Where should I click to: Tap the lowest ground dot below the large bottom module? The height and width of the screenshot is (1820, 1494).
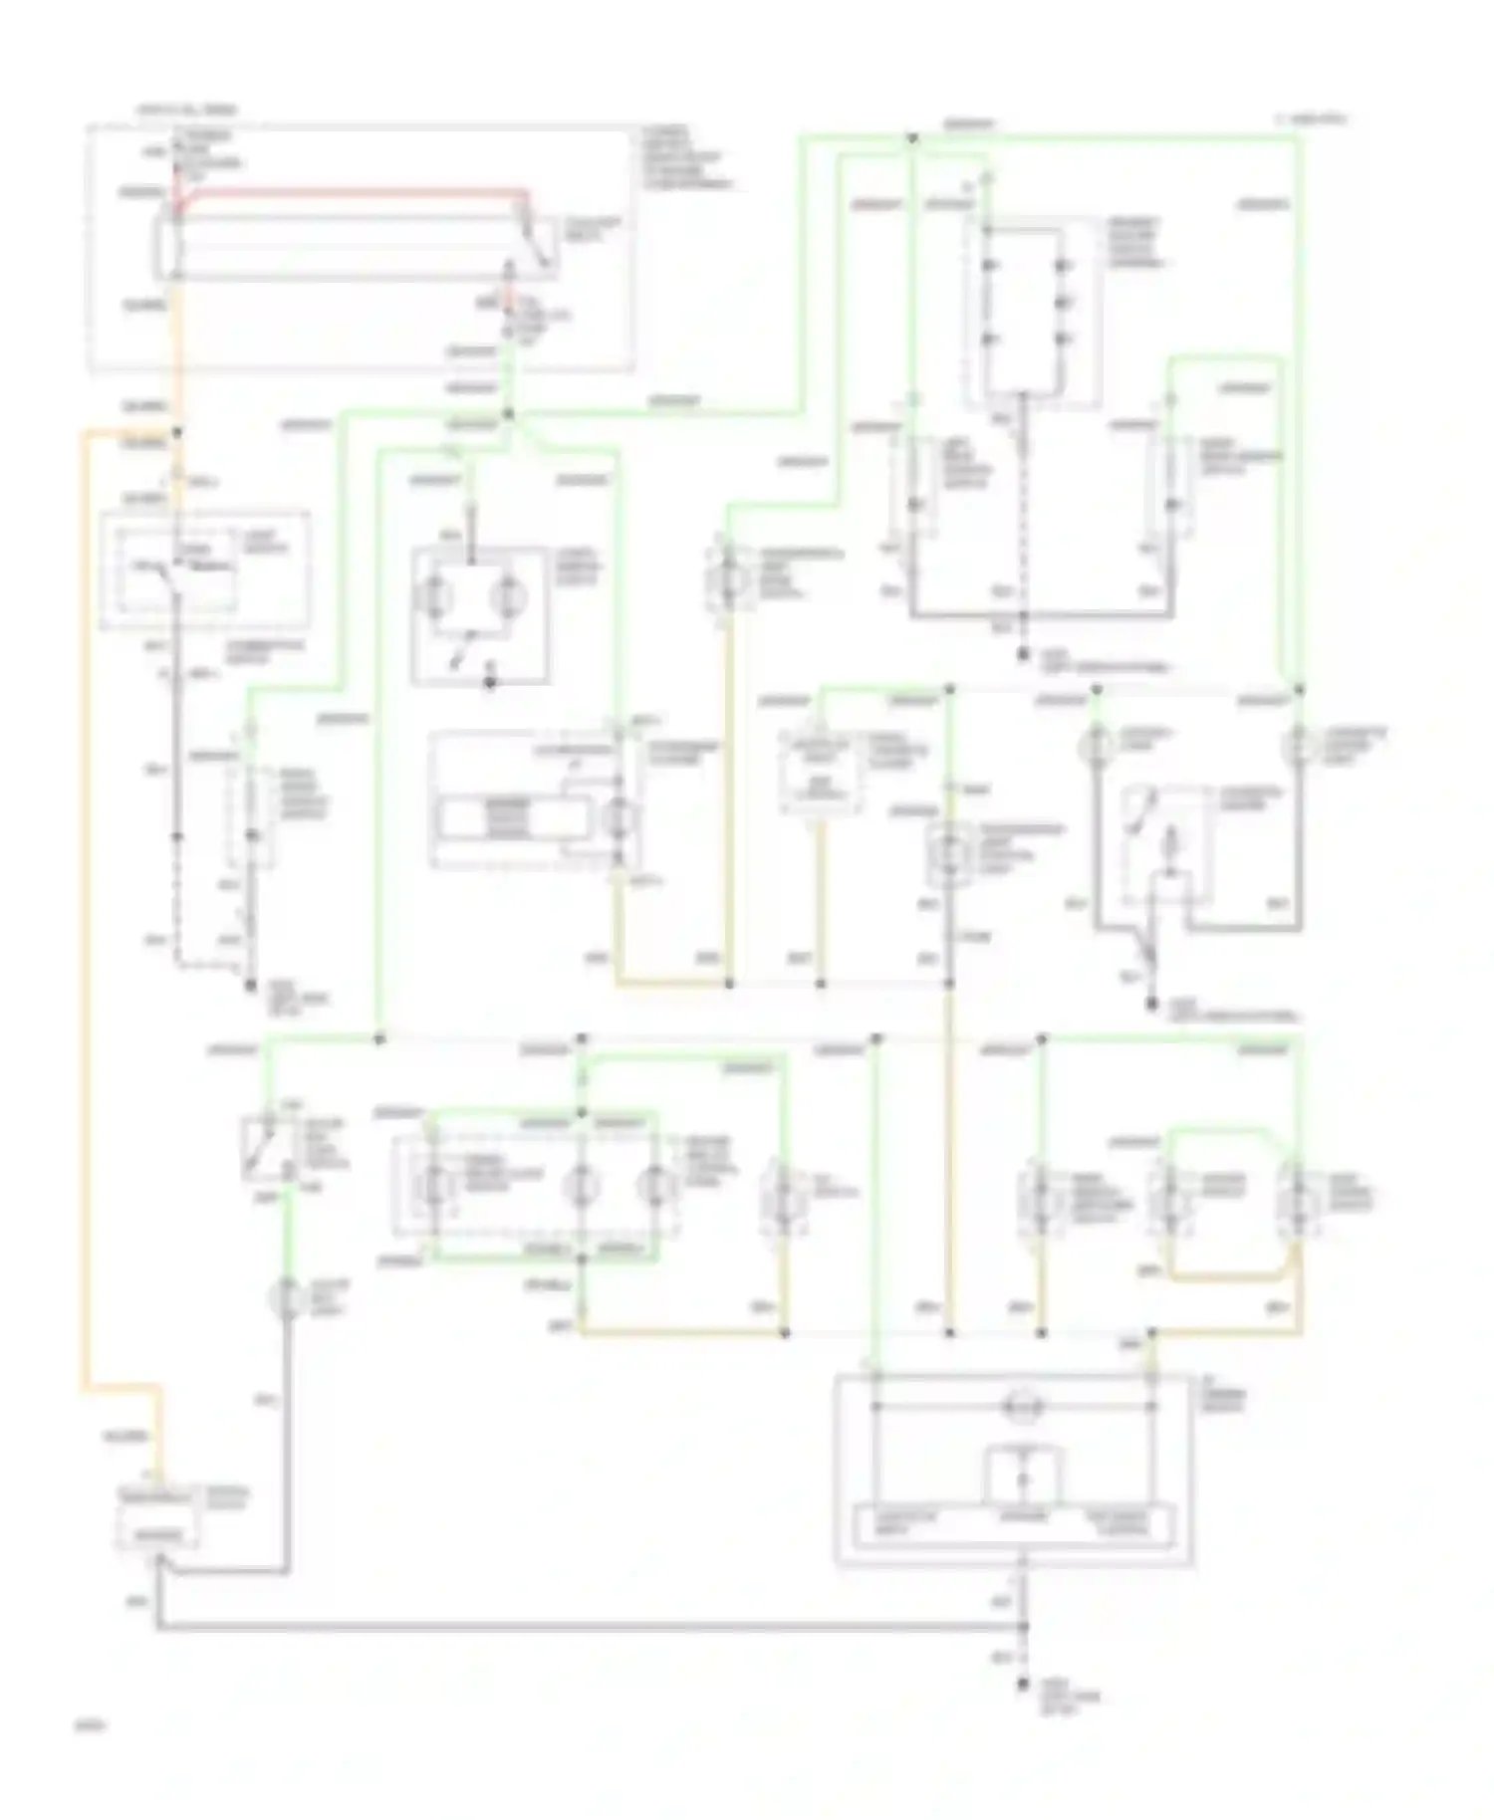[1023, 1685]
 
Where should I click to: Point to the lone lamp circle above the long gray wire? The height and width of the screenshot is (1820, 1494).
[287, 1297]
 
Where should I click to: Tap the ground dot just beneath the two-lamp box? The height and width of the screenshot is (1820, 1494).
[489, 684]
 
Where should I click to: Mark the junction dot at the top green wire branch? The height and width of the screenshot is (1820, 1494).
[911, 138]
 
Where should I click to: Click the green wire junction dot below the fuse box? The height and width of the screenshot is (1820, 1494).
[508, 413]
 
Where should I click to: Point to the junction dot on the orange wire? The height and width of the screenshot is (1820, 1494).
[177, 432]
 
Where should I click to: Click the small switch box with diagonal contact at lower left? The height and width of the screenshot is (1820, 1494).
[267, 1149]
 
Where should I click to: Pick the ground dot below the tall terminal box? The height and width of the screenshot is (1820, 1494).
[1023, 654]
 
